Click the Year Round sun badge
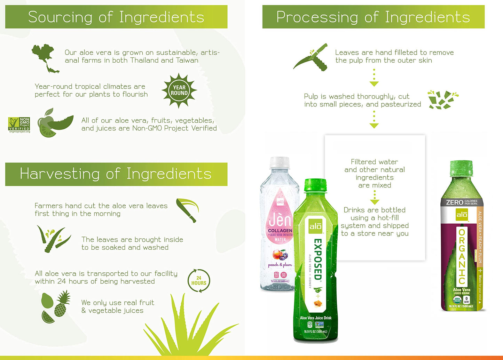(x=179, y=90)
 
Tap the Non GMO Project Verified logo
(x=19, y=125)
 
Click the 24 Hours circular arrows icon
(x=198, y=280)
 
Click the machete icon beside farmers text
(x=187, y=209)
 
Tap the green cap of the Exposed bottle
(x=315, y=185)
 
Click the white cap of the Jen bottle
(x=280, y=162)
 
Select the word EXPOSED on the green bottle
(x=317, y=259)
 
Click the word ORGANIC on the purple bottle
(x=462, y=256)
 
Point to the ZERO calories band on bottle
(x=462, y=202)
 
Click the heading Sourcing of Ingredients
(x=116, y=17)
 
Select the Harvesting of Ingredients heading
(x=116, y=174)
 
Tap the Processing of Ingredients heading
(x=373, y=17)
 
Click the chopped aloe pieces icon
(x=442, y=99)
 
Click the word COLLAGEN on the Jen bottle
(x=280, y=231)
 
